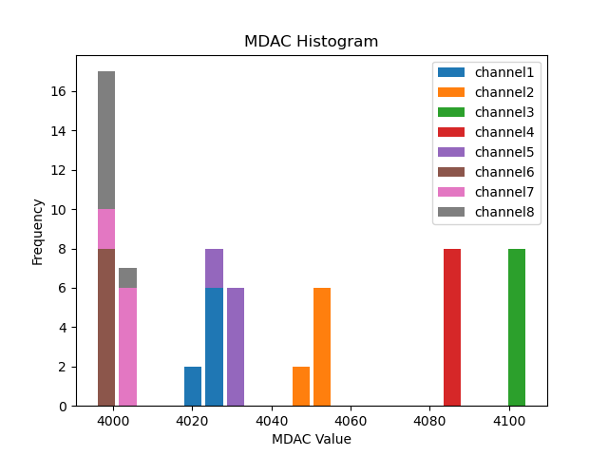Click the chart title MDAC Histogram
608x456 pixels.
tap(311, 42)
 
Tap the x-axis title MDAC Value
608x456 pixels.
tap(311, 439)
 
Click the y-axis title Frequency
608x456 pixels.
tap(38, 231)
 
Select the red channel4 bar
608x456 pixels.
tap(452, 327)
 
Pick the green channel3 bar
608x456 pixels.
tap(517, 327)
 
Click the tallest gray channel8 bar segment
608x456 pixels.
tap(106, 140)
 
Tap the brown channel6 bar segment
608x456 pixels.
tap(106, 327)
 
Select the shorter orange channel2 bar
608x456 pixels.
tap(301, 386)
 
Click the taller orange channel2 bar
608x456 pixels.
tap(322, 347)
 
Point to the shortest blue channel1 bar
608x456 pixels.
tap(193, 386)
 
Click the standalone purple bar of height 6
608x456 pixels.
tap(236, 347)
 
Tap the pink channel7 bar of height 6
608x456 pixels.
tap(127, 347)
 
